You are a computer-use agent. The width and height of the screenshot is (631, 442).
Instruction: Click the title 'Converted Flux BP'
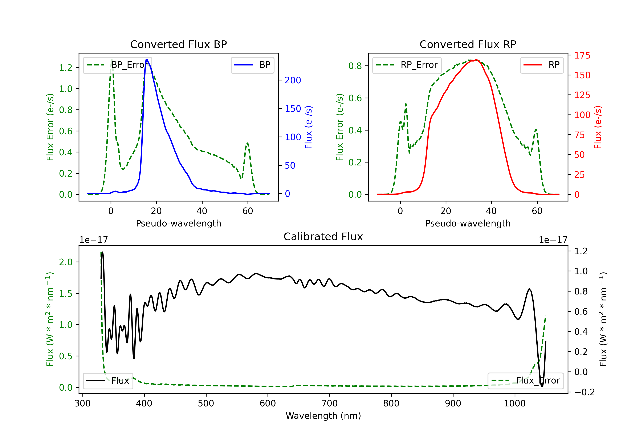click(x=178, y=44)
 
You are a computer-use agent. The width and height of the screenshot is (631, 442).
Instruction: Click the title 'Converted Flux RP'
click(x=468, y=44)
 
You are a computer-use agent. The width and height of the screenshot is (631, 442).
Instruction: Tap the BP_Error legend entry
click(x=118, y=65)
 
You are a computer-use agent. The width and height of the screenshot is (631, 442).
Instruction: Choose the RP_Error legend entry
click(x=407, y=65)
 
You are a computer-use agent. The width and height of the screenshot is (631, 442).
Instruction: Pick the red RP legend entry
click(x=542, y=65)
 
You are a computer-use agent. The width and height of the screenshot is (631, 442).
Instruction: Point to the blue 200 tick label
click(x=293, y=80)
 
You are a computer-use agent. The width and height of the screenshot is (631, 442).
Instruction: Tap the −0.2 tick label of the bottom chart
click(x=584, y=392)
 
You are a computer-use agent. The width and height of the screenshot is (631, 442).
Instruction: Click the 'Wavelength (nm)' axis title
click(x=323, y=416)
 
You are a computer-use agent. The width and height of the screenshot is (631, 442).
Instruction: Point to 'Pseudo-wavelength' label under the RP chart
click(x=468, y=223)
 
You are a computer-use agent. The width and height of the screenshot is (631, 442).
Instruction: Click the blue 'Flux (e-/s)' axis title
click(x=309, y=127)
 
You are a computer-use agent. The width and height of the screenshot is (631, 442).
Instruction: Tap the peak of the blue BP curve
click(x=147, y=60)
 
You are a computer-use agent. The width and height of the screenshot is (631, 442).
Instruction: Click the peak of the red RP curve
click(x=476, y=60)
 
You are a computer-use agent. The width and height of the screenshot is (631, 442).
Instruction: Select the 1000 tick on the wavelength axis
click(x=514, y=403)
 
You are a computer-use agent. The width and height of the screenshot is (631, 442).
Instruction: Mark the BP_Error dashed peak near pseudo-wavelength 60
click(x=247, y=143)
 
